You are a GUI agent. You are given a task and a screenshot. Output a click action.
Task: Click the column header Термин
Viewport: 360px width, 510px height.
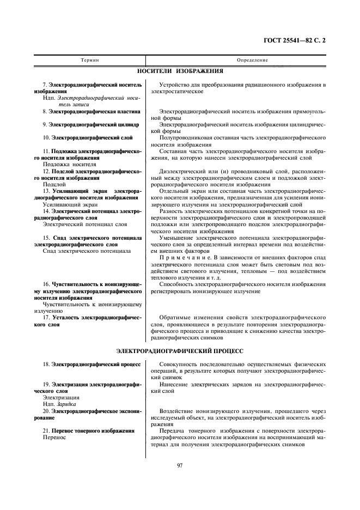pyautogui.click(x=90, y=59)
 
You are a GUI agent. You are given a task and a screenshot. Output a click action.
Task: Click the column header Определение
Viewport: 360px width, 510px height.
pyautogui.click(x=237, y=59)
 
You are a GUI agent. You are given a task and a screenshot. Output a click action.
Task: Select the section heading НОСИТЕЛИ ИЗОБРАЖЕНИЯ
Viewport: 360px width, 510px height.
pyautogui.click(x=180, y=71)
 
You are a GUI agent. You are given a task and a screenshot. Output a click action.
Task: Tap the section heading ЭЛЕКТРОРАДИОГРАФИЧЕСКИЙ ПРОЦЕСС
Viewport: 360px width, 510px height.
pyautogui.click(x=180, y=351)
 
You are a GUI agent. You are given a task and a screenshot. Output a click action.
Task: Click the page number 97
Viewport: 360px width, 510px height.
pyautogui.click(x=180, y=464)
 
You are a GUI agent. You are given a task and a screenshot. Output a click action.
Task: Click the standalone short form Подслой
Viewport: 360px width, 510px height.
pyautogui.click(x=53, y=184)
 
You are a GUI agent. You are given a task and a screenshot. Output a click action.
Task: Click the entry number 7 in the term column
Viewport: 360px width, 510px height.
pyautogui.click(x=45, y=85)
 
